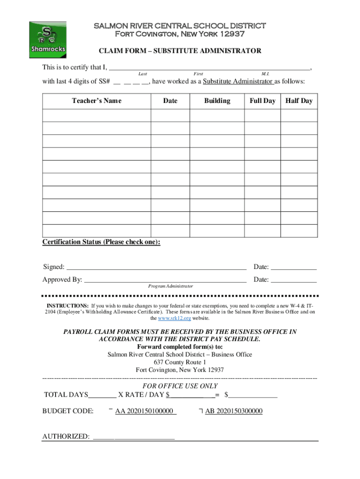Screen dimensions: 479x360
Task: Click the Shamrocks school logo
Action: pyautogui.click(x=48, y=40)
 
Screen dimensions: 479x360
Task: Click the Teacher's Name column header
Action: pyautogui.click(x=96, y=101)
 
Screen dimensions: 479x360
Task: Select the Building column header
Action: pyautogui.click(x=217, y=101)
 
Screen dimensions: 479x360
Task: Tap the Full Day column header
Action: pyautogui.click(x=262, y=101)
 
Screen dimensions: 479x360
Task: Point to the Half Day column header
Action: pyautogui.click(x=299, y=101)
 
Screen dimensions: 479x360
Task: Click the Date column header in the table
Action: pyautogui.click(x=170, y=101)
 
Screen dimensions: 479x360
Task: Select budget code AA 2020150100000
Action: pyautogui.click(x=145, y=411)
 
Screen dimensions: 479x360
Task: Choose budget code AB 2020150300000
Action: pyautogui.click(x=234, y=411)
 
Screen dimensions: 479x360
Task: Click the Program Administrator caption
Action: pyautogui.click(x=170, y=286)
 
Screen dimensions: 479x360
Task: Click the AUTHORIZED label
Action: pyautogui.click(x=66, y=436)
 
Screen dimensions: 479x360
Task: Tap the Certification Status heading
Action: pyautogui.click(x=101, y=242)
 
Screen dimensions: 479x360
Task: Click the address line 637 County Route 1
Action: pyautogui.click(x=180, y=363)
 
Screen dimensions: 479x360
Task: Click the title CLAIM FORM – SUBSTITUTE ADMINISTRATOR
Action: pyautogui.click(x=180, y=51)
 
